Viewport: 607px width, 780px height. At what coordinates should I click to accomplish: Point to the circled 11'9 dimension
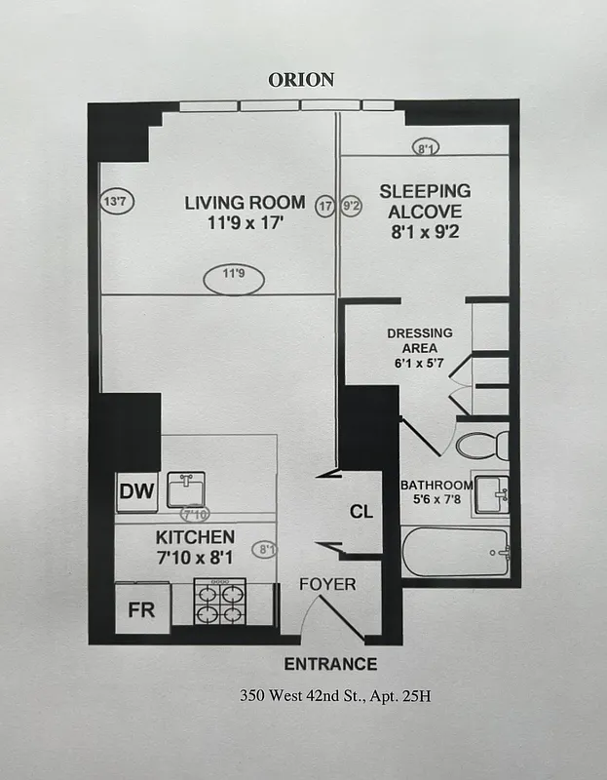coord(232,274)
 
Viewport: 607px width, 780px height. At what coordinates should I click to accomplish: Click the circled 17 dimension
coord(325,207)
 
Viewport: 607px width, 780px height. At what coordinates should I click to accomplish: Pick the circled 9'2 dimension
coord(352,207)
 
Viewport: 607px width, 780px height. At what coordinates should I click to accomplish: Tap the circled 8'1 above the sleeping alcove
coord(426,148)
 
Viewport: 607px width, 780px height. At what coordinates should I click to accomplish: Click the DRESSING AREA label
coord(419,339)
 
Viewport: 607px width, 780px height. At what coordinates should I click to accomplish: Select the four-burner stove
coord(220,602)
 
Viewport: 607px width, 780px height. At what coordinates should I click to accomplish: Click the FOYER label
coord(327,585)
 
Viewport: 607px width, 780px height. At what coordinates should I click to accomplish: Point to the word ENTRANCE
coord(329,665)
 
